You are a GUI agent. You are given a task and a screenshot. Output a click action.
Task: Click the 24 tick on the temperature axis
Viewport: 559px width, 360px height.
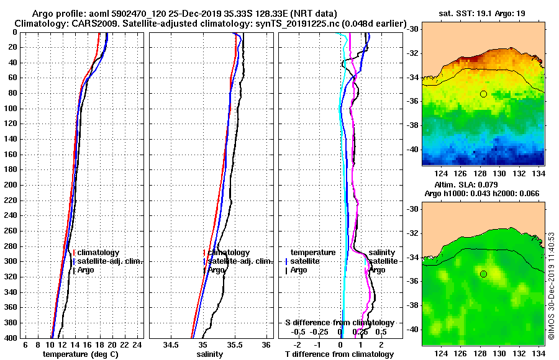pos(138,345)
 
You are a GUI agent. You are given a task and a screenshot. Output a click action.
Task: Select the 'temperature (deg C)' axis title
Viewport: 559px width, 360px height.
pos(80,354)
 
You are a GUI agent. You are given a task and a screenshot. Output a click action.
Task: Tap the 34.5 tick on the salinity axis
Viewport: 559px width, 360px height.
pos(171,345)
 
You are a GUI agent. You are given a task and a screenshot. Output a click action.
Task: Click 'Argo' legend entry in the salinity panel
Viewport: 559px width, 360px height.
pos(217,270)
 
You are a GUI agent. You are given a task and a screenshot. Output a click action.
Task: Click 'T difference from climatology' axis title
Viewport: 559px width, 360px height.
pos(339,354)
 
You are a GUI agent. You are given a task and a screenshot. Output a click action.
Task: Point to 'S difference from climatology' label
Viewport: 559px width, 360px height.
pos(339,323)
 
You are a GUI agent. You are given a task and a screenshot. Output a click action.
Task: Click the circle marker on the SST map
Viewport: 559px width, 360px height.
pos(483,94)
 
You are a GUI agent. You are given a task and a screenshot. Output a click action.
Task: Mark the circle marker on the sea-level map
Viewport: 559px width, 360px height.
pos(483,274)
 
